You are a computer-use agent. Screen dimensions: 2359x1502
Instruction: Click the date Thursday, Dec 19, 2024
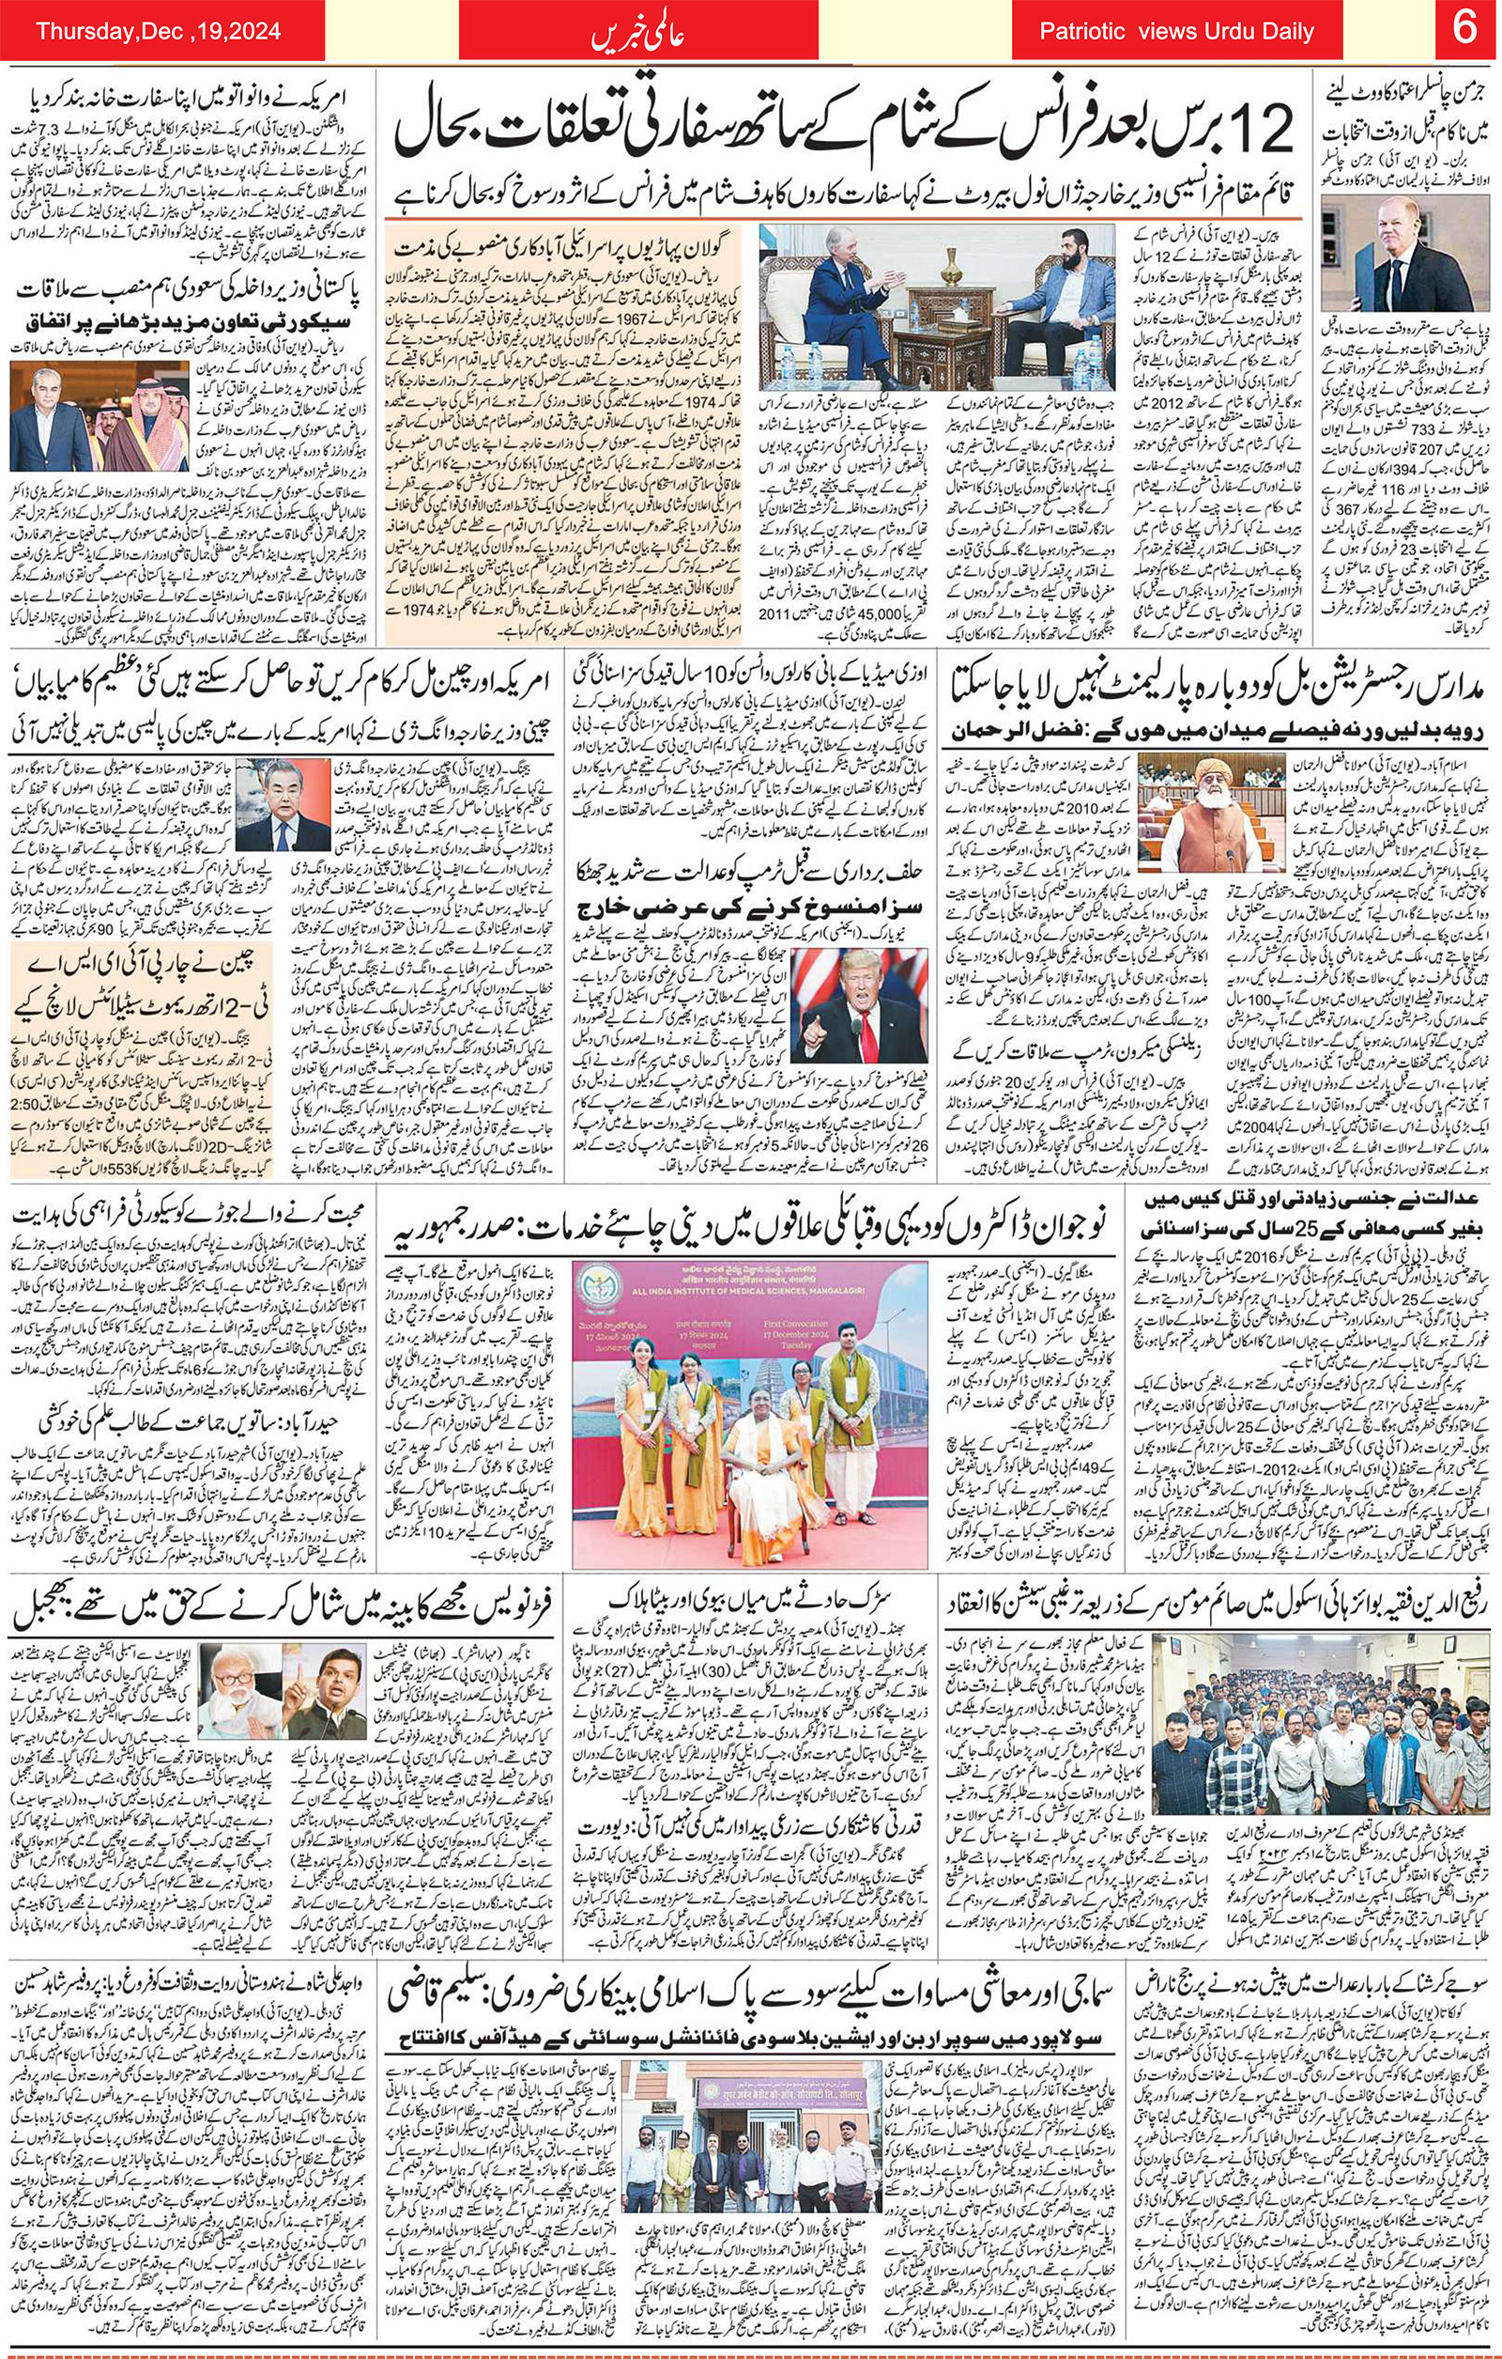(158, 31)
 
